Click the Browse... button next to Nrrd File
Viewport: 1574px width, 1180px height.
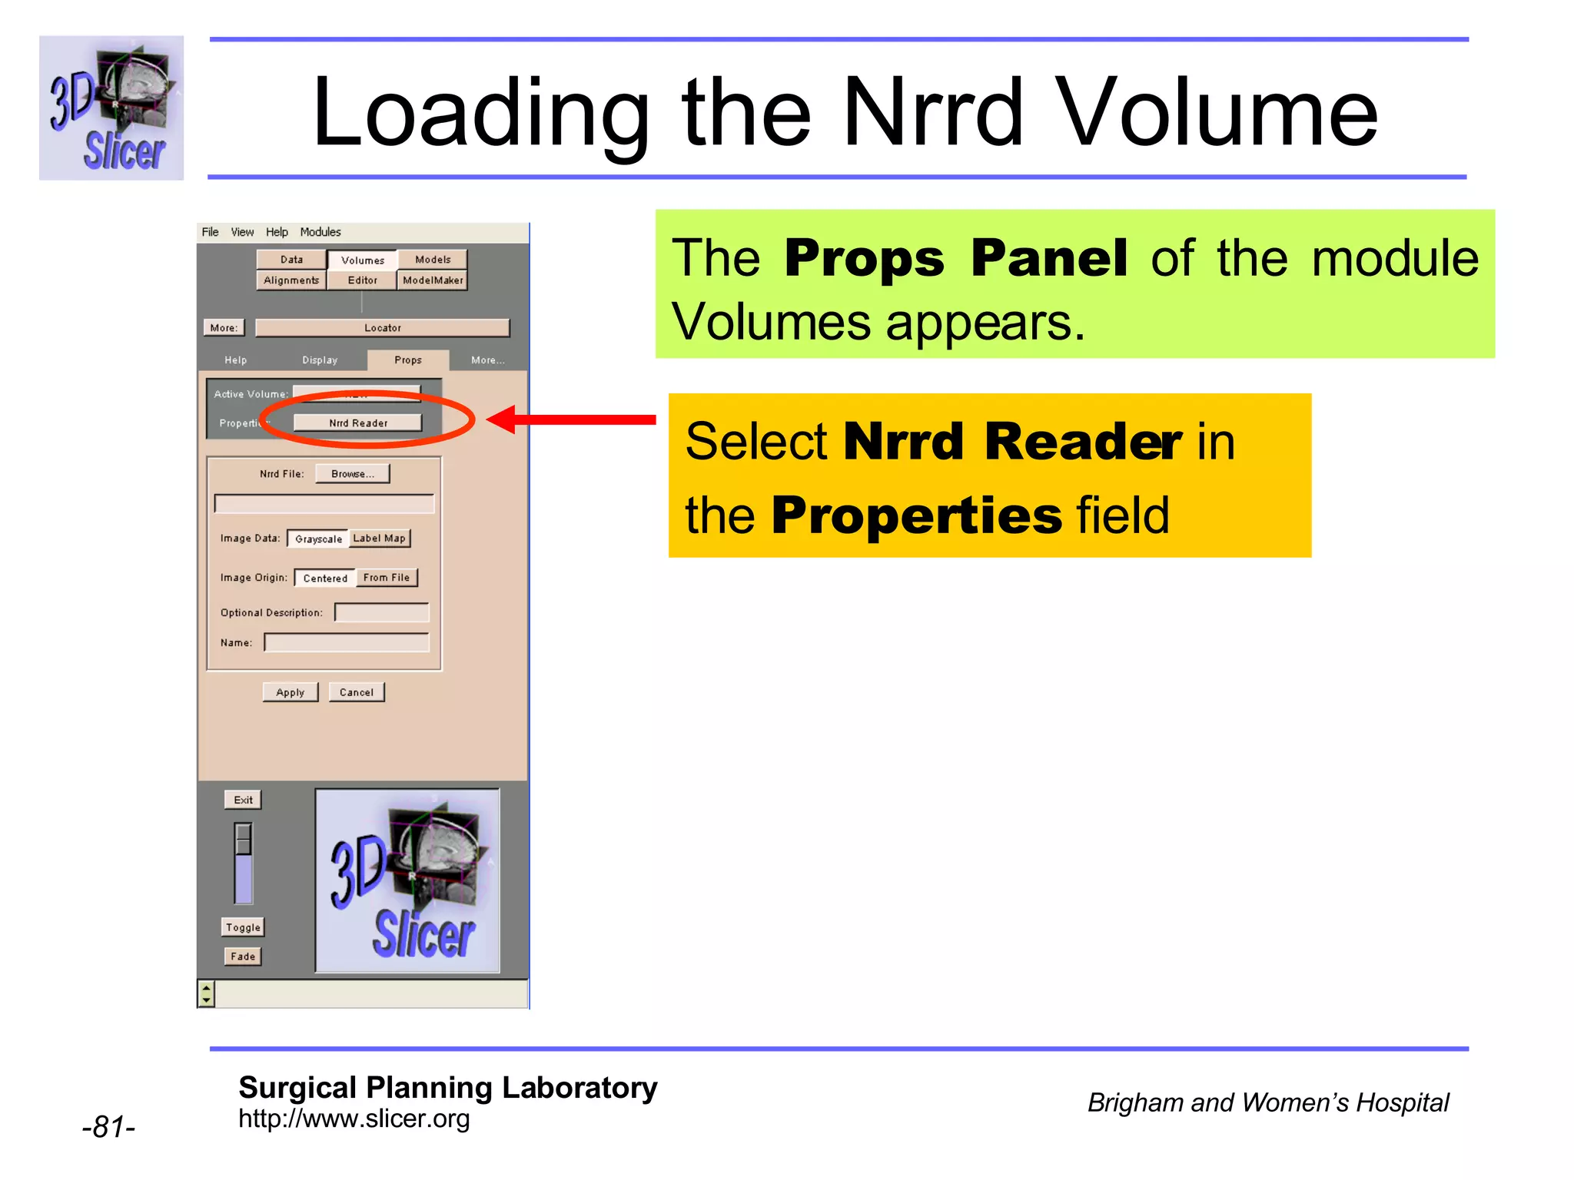point(352,474)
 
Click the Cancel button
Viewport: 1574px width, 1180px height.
point(357,692)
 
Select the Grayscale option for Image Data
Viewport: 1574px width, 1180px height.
point(318,539)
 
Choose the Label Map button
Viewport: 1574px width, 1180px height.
point(380,539)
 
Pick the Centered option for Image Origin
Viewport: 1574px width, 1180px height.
point(325,578)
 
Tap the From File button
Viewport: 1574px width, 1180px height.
point(387,578)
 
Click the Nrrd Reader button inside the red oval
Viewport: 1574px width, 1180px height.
point(358,423)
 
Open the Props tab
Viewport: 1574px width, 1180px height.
point(408,360)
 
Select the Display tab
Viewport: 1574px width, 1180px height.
point(320,360)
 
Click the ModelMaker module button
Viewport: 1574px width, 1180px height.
point(433,280)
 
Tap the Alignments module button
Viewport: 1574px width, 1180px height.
point(291,280)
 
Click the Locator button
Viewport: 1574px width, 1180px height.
point(383,328)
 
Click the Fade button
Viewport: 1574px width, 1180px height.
point(243,956)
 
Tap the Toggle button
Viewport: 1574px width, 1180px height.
point(243,927)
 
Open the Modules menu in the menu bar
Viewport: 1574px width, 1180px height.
point(320,232)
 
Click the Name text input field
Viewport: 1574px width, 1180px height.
point(347,643)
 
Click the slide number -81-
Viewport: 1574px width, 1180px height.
point(108,1127)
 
